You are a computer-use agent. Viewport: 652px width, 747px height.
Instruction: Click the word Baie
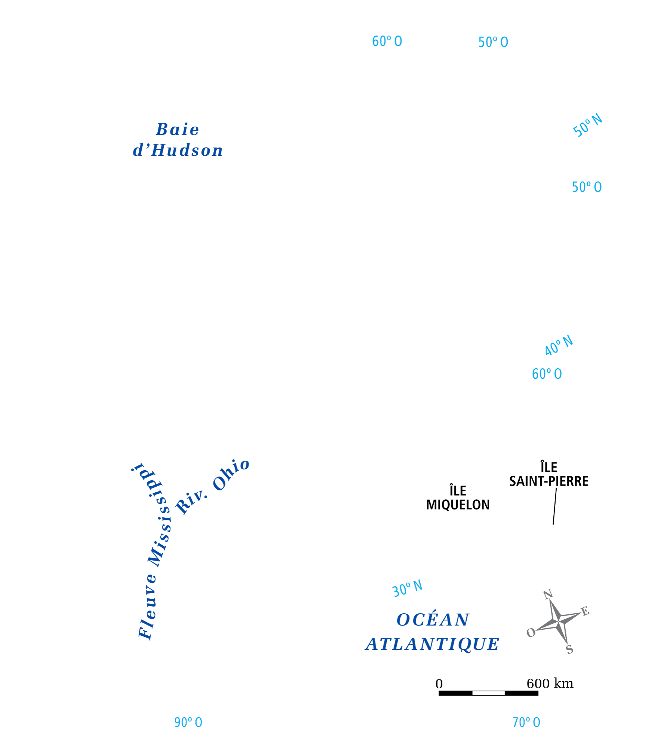tap(177, 130)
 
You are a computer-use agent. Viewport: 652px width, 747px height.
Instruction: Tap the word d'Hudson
tap(178, 150)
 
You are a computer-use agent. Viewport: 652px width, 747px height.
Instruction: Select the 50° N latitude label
tap(588, 125)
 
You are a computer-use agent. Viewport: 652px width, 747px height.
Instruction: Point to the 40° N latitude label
tap(559, 345)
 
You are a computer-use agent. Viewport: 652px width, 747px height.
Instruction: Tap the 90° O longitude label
tap(188, 722)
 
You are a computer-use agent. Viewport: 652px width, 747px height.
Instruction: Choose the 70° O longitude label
tap(526, 722)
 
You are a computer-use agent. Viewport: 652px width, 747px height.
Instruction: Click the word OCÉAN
tap(433, 620)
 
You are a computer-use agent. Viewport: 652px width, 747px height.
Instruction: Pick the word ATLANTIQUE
tap(432, 644)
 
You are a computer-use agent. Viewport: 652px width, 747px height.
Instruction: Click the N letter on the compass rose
tap(548, 594)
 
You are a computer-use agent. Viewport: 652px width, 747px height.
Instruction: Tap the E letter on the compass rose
tap(585, 611)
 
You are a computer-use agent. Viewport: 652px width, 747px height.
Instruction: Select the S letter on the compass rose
tap(569, 649)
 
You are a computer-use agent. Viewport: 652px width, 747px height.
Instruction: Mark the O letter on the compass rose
tap(531, 633)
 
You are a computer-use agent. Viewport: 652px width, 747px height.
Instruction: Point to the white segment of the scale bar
tap(488, 693)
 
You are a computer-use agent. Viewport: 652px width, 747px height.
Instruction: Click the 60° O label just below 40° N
tap(547, 374)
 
